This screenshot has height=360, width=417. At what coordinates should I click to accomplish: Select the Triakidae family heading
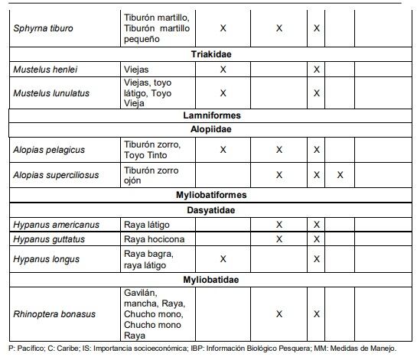212,55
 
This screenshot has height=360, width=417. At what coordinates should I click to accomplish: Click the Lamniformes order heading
212,115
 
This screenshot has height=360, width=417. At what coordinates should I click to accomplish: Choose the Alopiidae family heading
212,129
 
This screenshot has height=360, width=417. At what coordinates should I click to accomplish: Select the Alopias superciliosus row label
56,175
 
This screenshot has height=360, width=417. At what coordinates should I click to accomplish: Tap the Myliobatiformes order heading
212,196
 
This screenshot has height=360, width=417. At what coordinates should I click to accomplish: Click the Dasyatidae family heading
212,210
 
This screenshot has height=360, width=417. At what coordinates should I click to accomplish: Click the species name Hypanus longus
46,259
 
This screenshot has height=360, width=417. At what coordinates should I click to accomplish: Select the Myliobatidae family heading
212,280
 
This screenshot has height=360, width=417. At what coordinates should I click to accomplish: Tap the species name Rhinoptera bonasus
53,314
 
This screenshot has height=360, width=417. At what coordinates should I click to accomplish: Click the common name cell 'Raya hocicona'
154,239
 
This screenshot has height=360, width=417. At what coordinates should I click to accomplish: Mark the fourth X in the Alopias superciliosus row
340,175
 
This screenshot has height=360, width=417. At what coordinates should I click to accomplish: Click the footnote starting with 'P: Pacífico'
203,349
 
